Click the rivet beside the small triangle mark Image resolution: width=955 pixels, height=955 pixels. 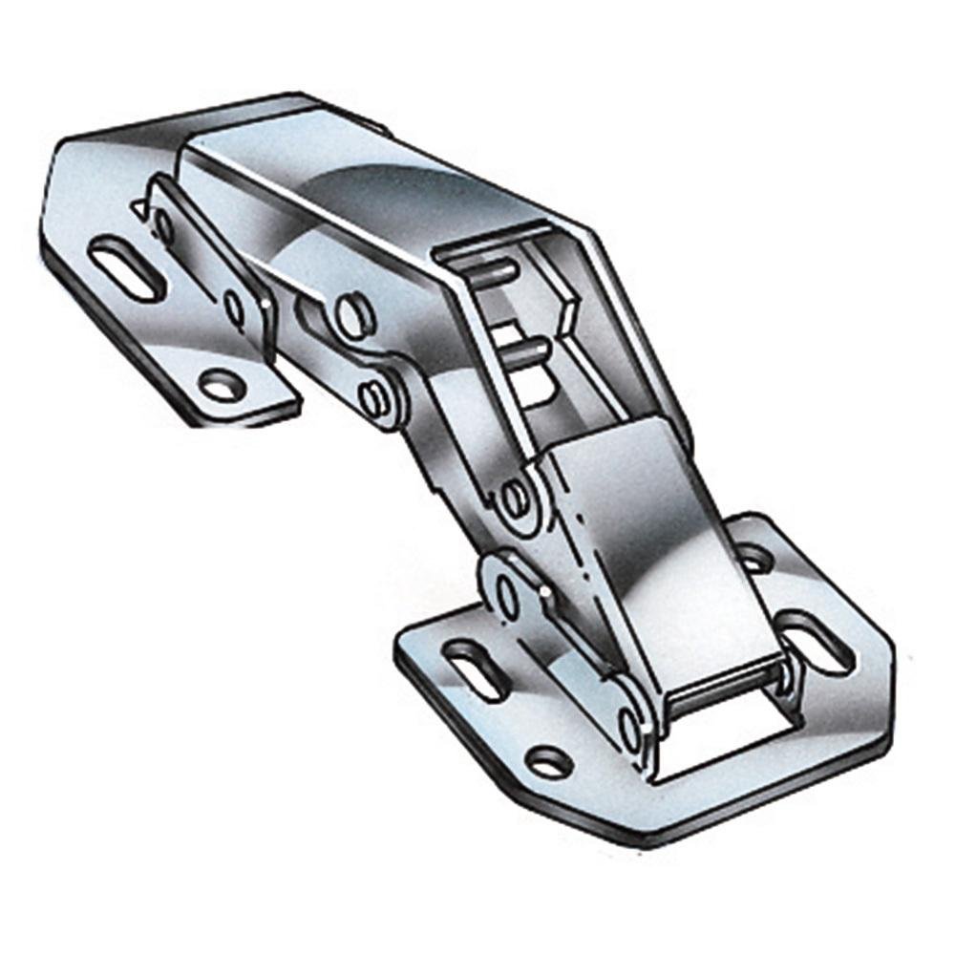pyautogui.click(x=163, y=226)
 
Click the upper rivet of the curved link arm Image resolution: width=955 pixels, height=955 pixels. pyautogui.click(x=351, y=313)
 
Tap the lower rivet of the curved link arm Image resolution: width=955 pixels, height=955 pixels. pyautogui.click(x=373, y=394)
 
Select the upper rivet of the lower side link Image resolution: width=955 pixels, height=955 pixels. pyautogui.click(x=507, y=594)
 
